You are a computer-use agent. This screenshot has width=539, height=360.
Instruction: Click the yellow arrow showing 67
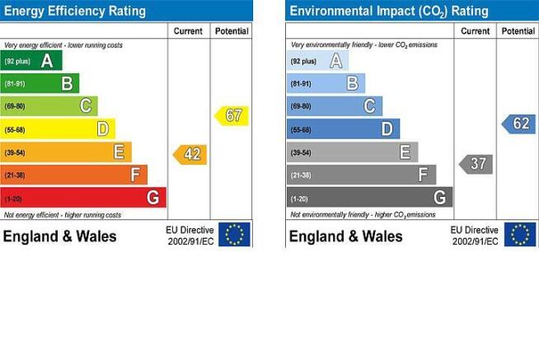tap(232, 116)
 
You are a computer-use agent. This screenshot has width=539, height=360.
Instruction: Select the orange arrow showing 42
tap(190, 155)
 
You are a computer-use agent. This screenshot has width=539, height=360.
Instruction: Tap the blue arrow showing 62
tap(518, 124)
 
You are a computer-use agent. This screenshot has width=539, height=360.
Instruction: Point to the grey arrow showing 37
tap(476, 164)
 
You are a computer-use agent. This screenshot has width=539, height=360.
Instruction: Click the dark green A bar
tap(31, 60)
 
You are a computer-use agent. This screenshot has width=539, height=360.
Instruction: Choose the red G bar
tap(83, 198)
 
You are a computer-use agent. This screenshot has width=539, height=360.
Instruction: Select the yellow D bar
tap(58, 129)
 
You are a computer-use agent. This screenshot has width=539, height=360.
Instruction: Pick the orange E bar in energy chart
tap(66, 152)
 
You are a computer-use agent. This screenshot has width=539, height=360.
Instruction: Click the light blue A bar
tap(317, 61)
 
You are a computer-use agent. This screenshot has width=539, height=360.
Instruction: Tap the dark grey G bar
tap(370, 197)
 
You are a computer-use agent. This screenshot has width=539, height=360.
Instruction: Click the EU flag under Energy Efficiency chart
tap(234, 234)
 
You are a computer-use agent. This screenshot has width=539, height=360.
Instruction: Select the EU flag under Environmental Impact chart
tap(520, 234)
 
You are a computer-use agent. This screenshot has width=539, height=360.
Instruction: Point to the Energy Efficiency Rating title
tap(75, 11)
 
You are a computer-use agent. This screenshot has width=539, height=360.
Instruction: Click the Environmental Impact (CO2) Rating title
tap(389, 12)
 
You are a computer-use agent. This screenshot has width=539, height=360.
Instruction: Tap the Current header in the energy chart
tap(188, 31)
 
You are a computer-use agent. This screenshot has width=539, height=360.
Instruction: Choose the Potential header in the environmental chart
tap(518, 31)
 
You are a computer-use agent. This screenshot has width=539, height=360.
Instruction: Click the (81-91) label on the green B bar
tap(15, 83)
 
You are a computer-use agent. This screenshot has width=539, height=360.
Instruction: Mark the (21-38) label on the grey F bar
tap(301, 175)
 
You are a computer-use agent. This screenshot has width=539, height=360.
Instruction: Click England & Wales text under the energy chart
tap(60, 236)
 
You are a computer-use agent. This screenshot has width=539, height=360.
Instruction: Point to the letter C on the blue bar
tap(370, 106)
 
